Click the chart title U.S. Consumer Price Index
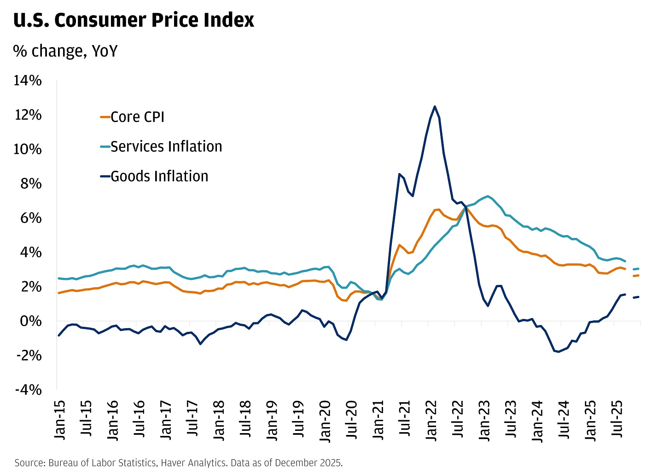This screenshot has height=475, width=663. [134, 20]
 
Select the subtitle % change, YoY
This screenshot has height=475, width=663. [65, 51]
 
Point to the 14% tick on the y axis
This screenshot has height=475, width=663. [28, 81]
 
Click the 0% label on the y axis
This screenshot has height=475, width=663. [31, 321]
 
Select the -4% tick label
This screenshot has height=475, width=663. [29, 390]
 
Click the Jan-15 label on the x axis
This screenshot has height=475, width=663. [60, 419]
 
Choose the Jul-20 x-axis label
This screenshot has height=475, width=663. [352, 419]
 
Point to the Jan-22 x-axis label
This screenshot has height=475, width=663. [432, 419]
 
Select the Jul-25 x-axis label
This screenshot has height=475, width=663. [618, 419]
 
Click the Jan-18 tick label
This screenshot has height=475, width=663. [220, 419]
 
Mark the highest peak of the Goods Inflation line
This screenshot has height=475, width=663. [434, 106]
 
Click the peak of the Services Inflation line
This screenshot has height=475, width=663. [488, 196]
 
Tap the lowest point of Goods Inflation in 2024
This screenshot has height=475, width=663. [558, 352]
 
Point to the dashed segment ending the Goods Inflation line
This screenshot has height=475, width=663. [636, 297]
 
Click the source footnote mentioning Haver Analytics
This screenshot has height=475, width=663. [178, 463]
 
